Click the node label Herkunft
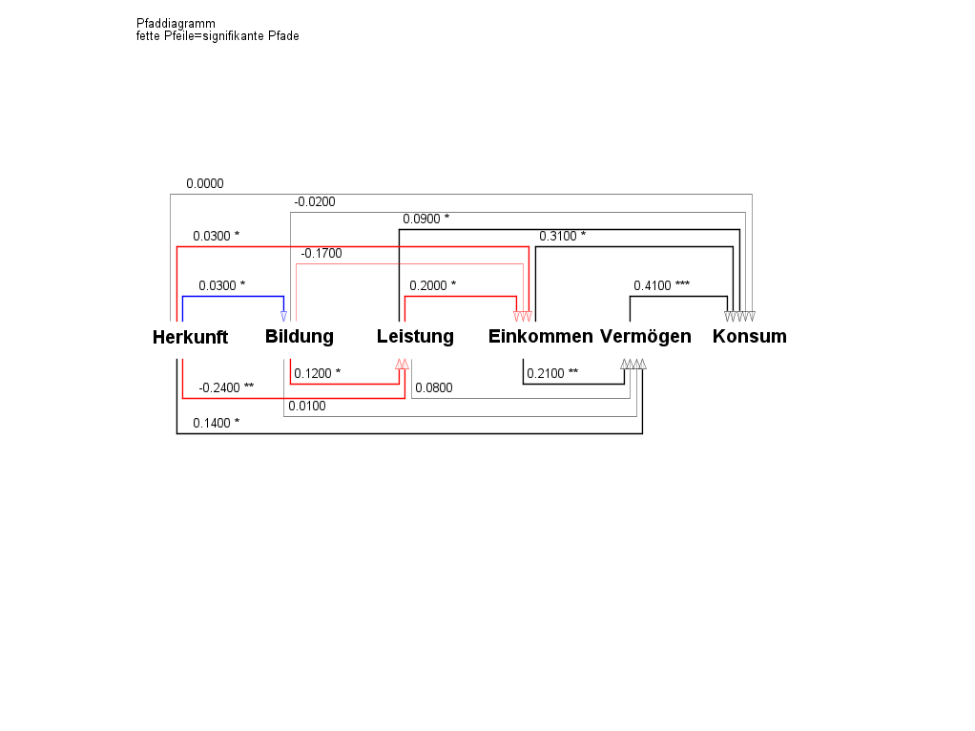pyautogui.click(x=190, y=337)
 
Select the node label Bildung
pyautogui.click(x=300, y=336)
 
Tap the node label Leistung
pyautogui.click(x=415, y=336)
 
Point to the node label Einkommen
pyautogui.click(x=540, y=336)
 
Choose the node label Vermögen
pyautogui.click(x=645, y=336)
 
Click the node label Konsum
pyautogui.click(x=749, y=336)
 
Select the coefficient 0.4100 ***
pyautogui.click(x=661, y=285)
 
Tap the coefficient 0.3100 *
pyautogui.click(x=562, y=236)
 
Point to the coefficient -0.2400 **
pyautogui.click(x=226, y=387)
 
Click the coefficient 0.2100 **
pyautogui.click(x=552, y=373)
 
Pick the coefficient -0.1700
pyautogui.click(x=321, y=254)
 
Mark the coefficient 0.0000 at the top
pyautogui.click(x=205, y=183)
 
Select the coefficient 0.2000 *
pyautogui.click(x=432, y=285)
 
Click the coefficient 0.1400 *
pyautogui.click(x=216, y=423)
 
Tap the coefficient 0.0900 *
pyautogui.click(x=425, y=219)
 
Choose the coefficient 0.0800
pyautogui.click(x=434, y=387)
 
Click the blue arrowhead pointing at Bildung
pyautogui.click(x=283, y=316)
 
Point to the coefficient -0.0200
pyautogui.click(x=315, y=202)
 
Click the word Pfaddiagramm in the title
pyautogui.click(x=176, y=24)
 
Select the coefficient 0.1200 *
pyautogui.click(x=317, y=373)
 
